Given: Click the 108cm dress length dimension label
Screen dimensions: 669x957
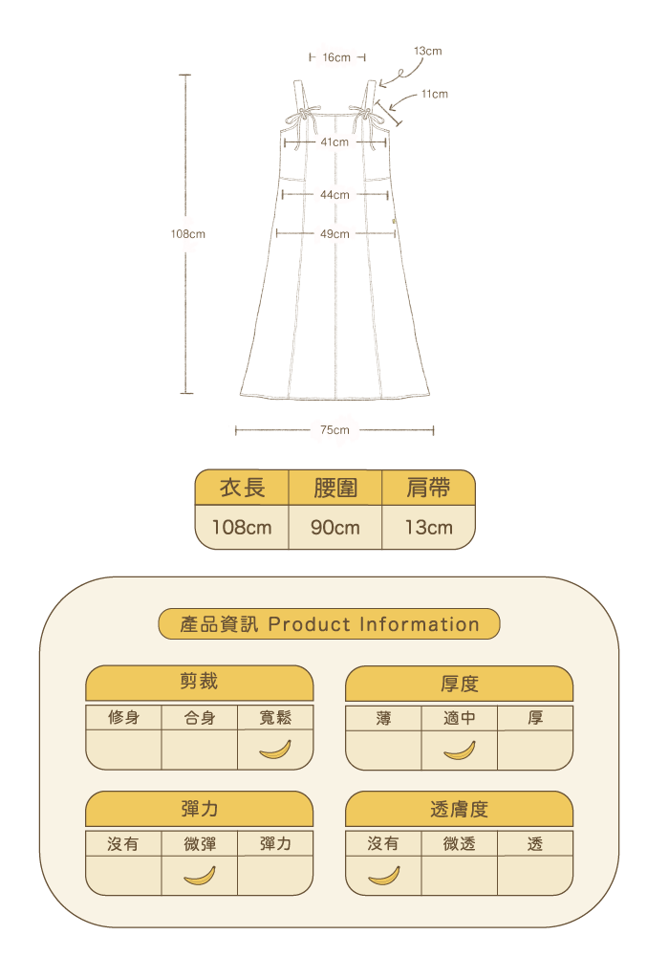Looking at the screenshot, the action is pyautogui.click(x=188, y=234).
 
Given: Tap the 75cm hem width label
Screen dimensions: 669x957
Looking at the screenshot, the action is pyautogui.click(x=334, y=430).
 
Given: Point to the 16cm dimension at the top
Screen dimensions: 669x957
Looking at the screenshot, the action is pyautogui.click(x=336, y=58).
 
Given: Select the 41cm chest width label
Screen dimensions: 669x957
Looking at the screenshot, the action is pyautogui.click(x=334, y=142).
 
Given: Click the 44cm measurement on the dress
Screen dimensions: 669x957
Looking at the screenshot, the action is pyautogui.click(x=334, y=195).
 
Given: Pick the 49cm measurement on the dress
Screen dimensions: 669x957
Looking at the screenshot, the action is pyautogui.click(x=334, y=234).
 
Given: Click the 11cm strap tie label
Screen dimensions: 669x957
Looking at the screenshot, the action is pyautogui.click(x=434, y=95).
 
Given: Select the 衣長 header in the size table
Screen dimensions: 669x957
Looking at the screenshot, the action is pyautogui.click(x=242, y=489).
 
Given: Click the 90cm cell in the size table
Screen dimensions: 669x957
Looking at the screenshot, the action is pyautogui.click(x=335, y=527).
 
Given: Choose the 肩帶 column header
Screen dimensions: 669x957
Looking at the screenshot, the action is pyautogui.click(x=428, y=489).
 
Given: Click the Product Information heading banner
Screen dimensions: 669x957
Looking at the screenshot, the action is pyautogui.click(x=330, y=625).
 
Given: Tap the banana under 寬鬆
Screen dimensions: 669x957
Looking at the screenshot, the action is pyautogui.click(x=275, y=750).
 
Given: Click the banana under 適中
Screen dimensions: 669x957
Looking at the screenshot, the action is pyautogui.click(x=459, y=750).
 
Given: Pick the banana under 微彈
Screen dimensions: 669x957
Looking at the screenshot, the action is pyautogui.click(x=200, y=875).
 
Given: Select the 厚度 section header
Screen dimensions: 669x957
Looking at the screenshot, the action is pyautogui.click(x=459, y=685).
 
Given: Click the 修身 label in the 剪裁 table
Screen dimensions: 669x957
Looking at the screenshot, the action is pyautogui.click(x=123, y=718).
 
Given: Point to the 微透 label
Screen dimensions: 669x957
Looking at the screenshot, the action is pyautogui.click(x=459, y=844).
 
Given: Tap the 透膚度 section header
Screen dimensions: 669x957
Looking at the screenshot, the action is pyautogui.click(x=459, y=810).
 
